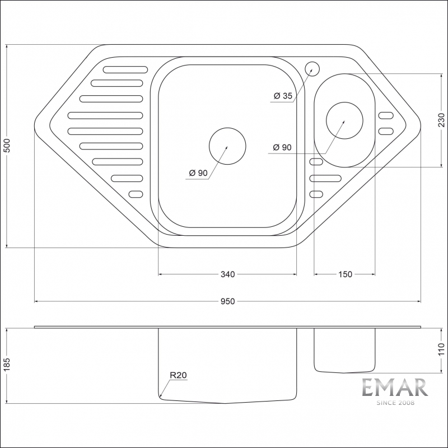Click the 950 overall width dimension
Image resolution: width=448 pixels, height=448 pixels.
coord(227,301)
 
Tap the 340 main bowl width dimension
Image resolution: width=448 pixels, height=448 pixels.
coord(227,274)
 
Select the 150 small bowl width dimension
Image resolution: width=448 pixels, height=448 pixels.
coord(345,274)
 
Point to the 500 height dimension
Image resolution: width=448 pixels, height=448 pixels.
coord(7,146)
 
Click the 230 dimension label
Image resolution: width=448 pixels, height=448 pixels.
coord(441,120)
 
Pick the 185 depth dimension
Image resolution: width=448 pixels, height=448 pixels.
coord(7,365)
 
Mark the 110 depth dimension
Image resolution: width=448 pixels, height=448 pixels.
coord(441,349)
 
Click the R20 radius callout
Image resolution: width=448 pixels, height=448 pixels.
coord(178,375)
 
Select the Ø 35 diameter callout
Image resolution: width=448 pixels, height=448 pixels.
coord(283,96)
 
